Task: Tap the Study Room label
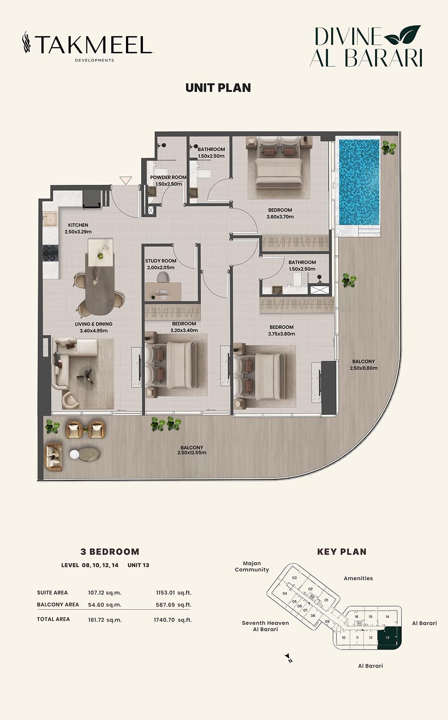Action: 160,264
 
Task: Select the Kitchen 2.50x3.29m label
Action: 78,228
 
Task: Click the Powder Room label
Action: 168,180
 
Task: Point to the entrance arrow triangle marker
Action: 126,180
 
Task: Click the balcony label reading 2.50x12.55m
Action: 192,450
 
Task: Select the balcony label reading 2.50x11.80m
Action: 363,365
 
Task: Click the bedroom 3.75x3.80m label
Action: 281,331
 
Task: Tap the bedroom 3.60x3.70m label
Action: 280,213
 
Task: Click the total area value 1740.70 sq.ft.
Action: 172,620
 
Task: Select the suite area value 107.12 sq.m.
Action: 104,593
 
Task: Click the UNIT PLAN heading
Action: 218,87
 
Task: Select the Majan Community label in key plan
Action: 252,566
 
